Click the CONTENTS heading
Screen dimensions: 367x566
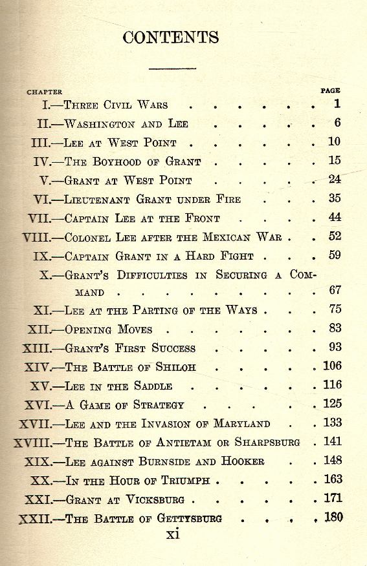(171, 37)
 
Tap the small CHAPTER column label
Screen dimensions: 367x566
(45, 92)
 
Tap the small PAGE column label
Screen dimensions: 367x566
(330, 90)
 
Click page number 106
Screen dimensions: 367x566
(331, 366)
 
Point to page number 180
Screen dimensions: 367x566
(332, 517)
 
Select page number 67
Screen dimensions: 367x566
(334, 290)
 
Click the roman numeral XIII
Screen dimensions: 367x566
(37, 348)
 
